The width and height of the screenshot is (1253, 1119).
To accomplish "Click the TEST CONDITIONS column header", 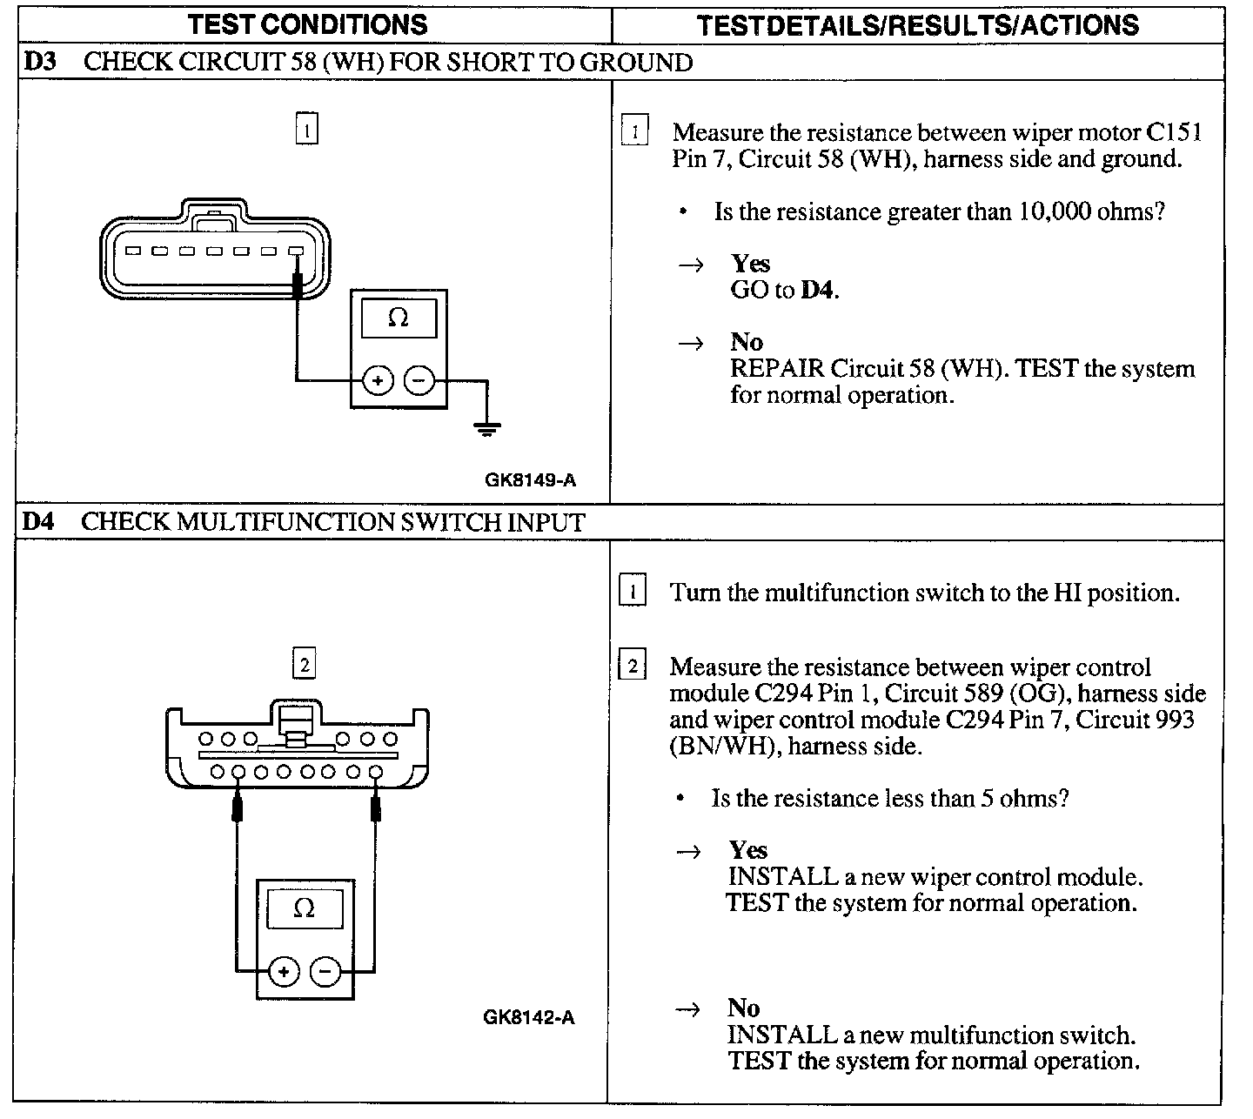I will (308, 24).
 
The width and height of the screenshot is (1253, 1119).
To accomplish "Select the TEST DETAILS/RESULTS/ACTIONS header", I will (918, 25).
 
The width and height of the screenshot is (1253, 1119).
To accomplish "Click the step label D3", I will (39, 63).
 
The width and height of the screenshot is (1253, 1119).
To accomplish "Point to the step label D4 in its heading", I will (38, 522).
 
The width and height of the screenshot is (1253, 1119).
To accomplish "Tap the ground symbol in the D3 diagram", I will (486, 427).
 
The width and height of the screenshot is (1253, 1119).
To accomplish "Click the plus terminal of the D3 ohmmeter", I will (378, 381).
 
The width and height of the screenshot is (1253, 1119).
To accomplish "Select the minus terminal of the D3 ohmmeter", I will (419, 381).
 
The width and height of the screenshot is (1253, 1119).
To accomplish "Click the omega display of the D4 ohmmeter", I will (305, 908).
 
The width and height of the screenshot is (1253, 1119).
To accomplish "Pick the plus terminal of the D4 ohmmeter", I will (284, 972).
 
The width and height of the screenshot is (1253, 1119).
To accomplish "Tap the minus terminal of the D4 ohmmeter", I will (325, 972).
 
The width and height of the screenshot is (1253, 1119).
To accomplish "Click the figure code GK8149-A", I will (531, 479).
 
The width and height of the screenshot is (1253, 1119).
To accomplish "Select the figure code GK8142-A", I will (529, 1017).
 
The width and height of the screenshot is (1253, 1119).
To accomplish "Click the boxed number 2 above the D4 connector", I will (305, 666).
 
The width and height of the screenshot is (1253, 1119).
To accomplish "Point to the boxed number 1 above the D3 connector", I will (307, 131).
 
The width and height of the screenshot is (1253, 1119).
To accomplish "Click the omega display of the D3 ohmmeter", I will (398, 318).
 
